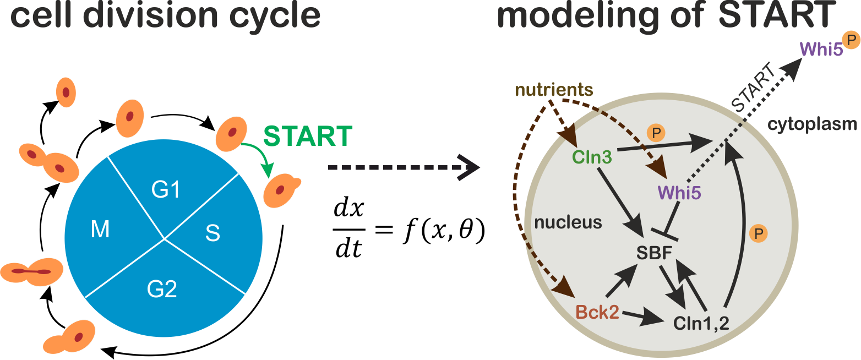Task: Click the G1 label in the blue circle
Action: point(166,190)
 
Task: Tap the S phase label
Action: point(212,233)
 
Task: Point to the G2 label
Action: point(162,288)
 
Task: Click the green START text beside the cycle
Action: point(308,136)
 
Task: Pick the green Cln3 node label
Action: point(592,156)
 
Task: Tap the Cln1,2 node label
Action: point(701,323)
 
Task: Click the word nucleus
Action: point(568,222)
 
